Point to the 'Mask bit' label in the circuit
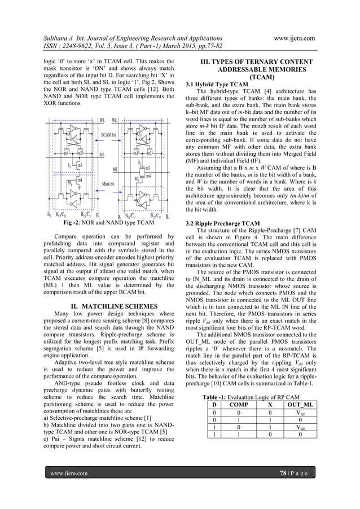[x=108, y=184]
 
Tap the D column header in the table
[x=214, y=405]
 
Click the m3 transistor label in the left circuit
[x=79, y=165]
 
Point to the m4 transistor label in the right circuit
[x=149, y=175]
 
